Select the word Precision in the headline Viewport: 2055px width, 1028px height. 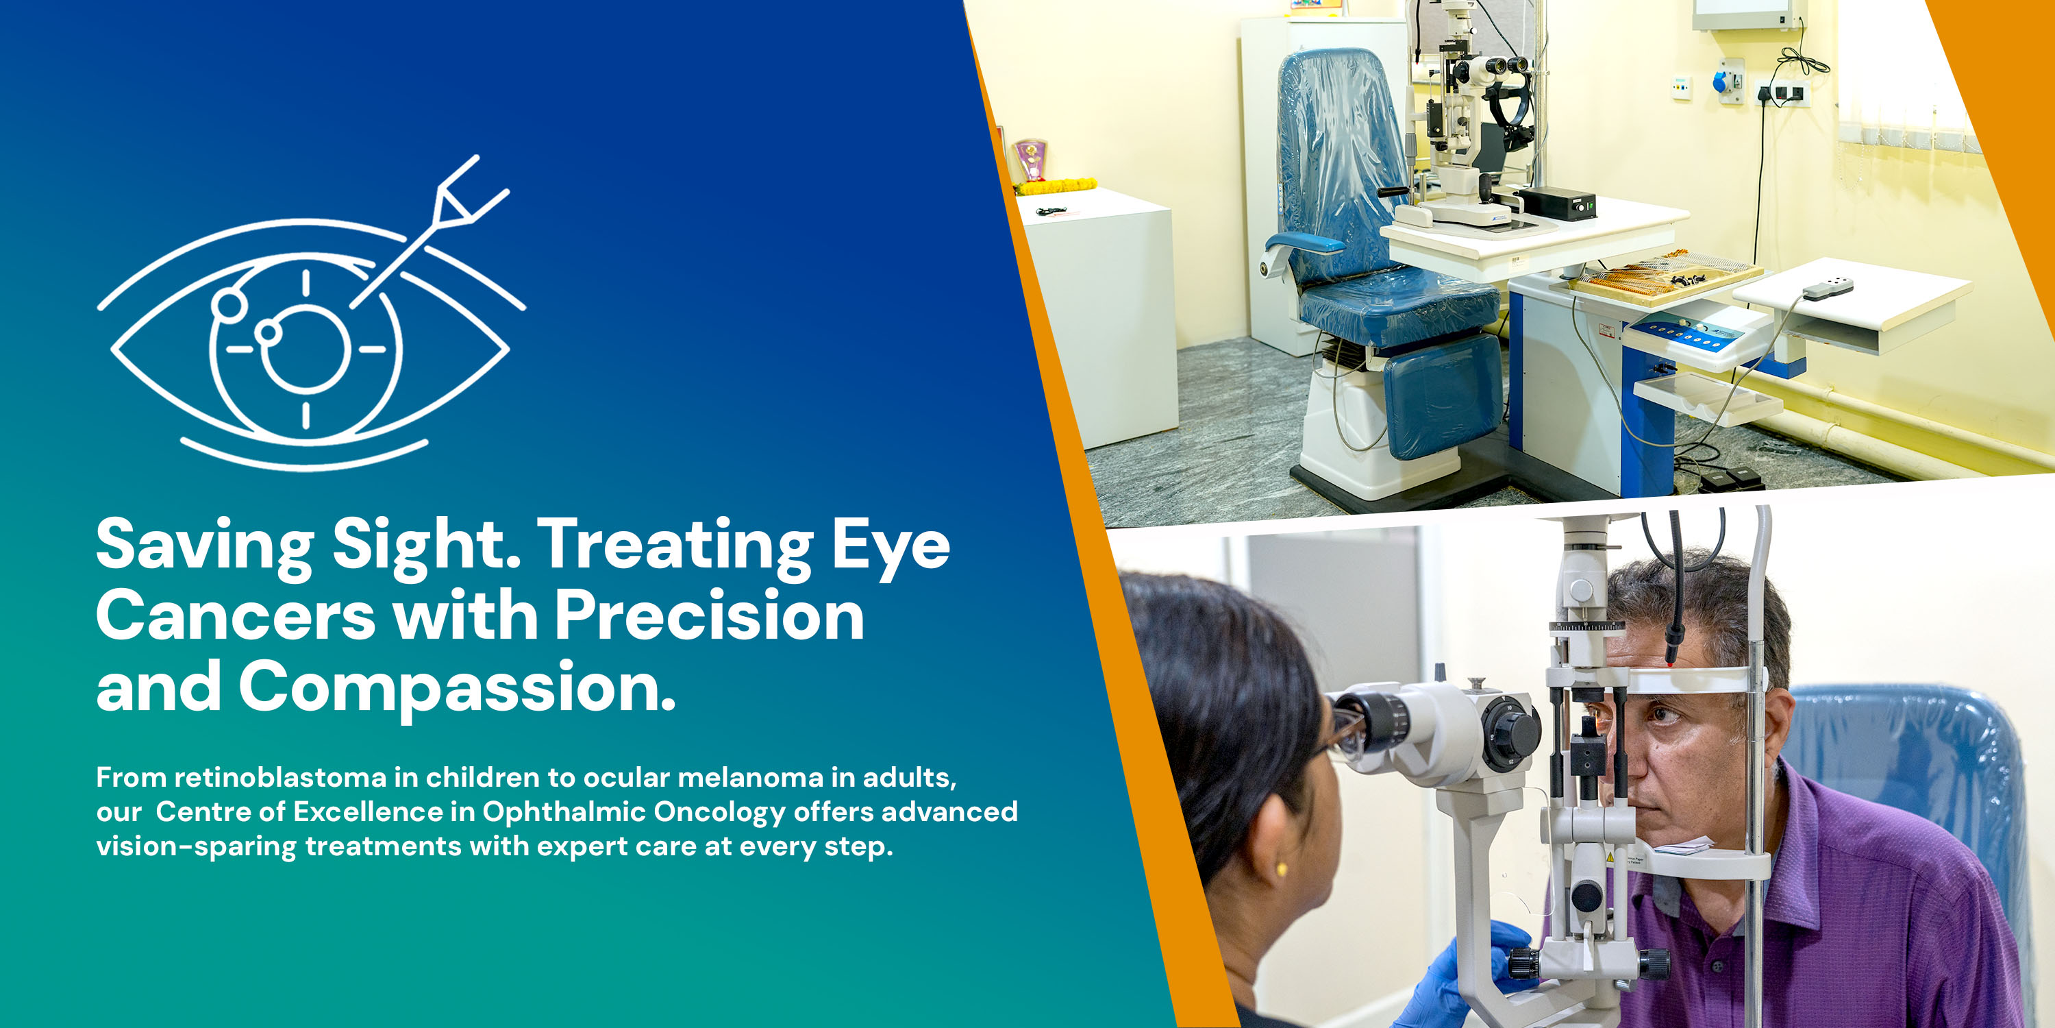709,616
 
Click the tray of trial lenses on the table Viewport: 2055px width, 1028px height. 1667,276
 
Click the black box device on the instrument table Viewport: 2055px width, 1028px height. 1557,204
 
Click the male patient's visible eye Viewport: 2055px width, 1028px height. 1664,713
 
